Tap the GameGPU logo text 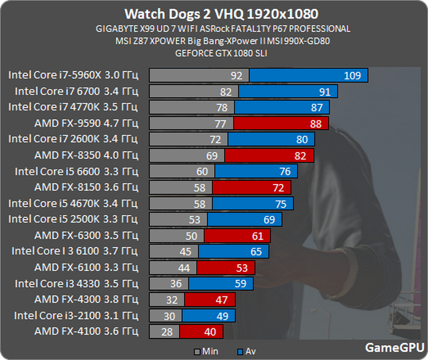point(394,347)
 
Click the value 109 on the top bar point(352,76)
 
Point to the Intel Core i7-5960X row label point(73,76)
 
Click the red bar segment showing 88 point(281,123)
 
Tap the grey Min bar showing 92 point(199,76)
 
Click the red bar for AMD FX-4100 point(201,332)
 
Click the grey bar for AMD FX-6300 point(176,236)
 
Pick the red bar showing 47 point(209,299)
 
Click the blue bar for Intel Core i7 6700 point(287,92)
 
